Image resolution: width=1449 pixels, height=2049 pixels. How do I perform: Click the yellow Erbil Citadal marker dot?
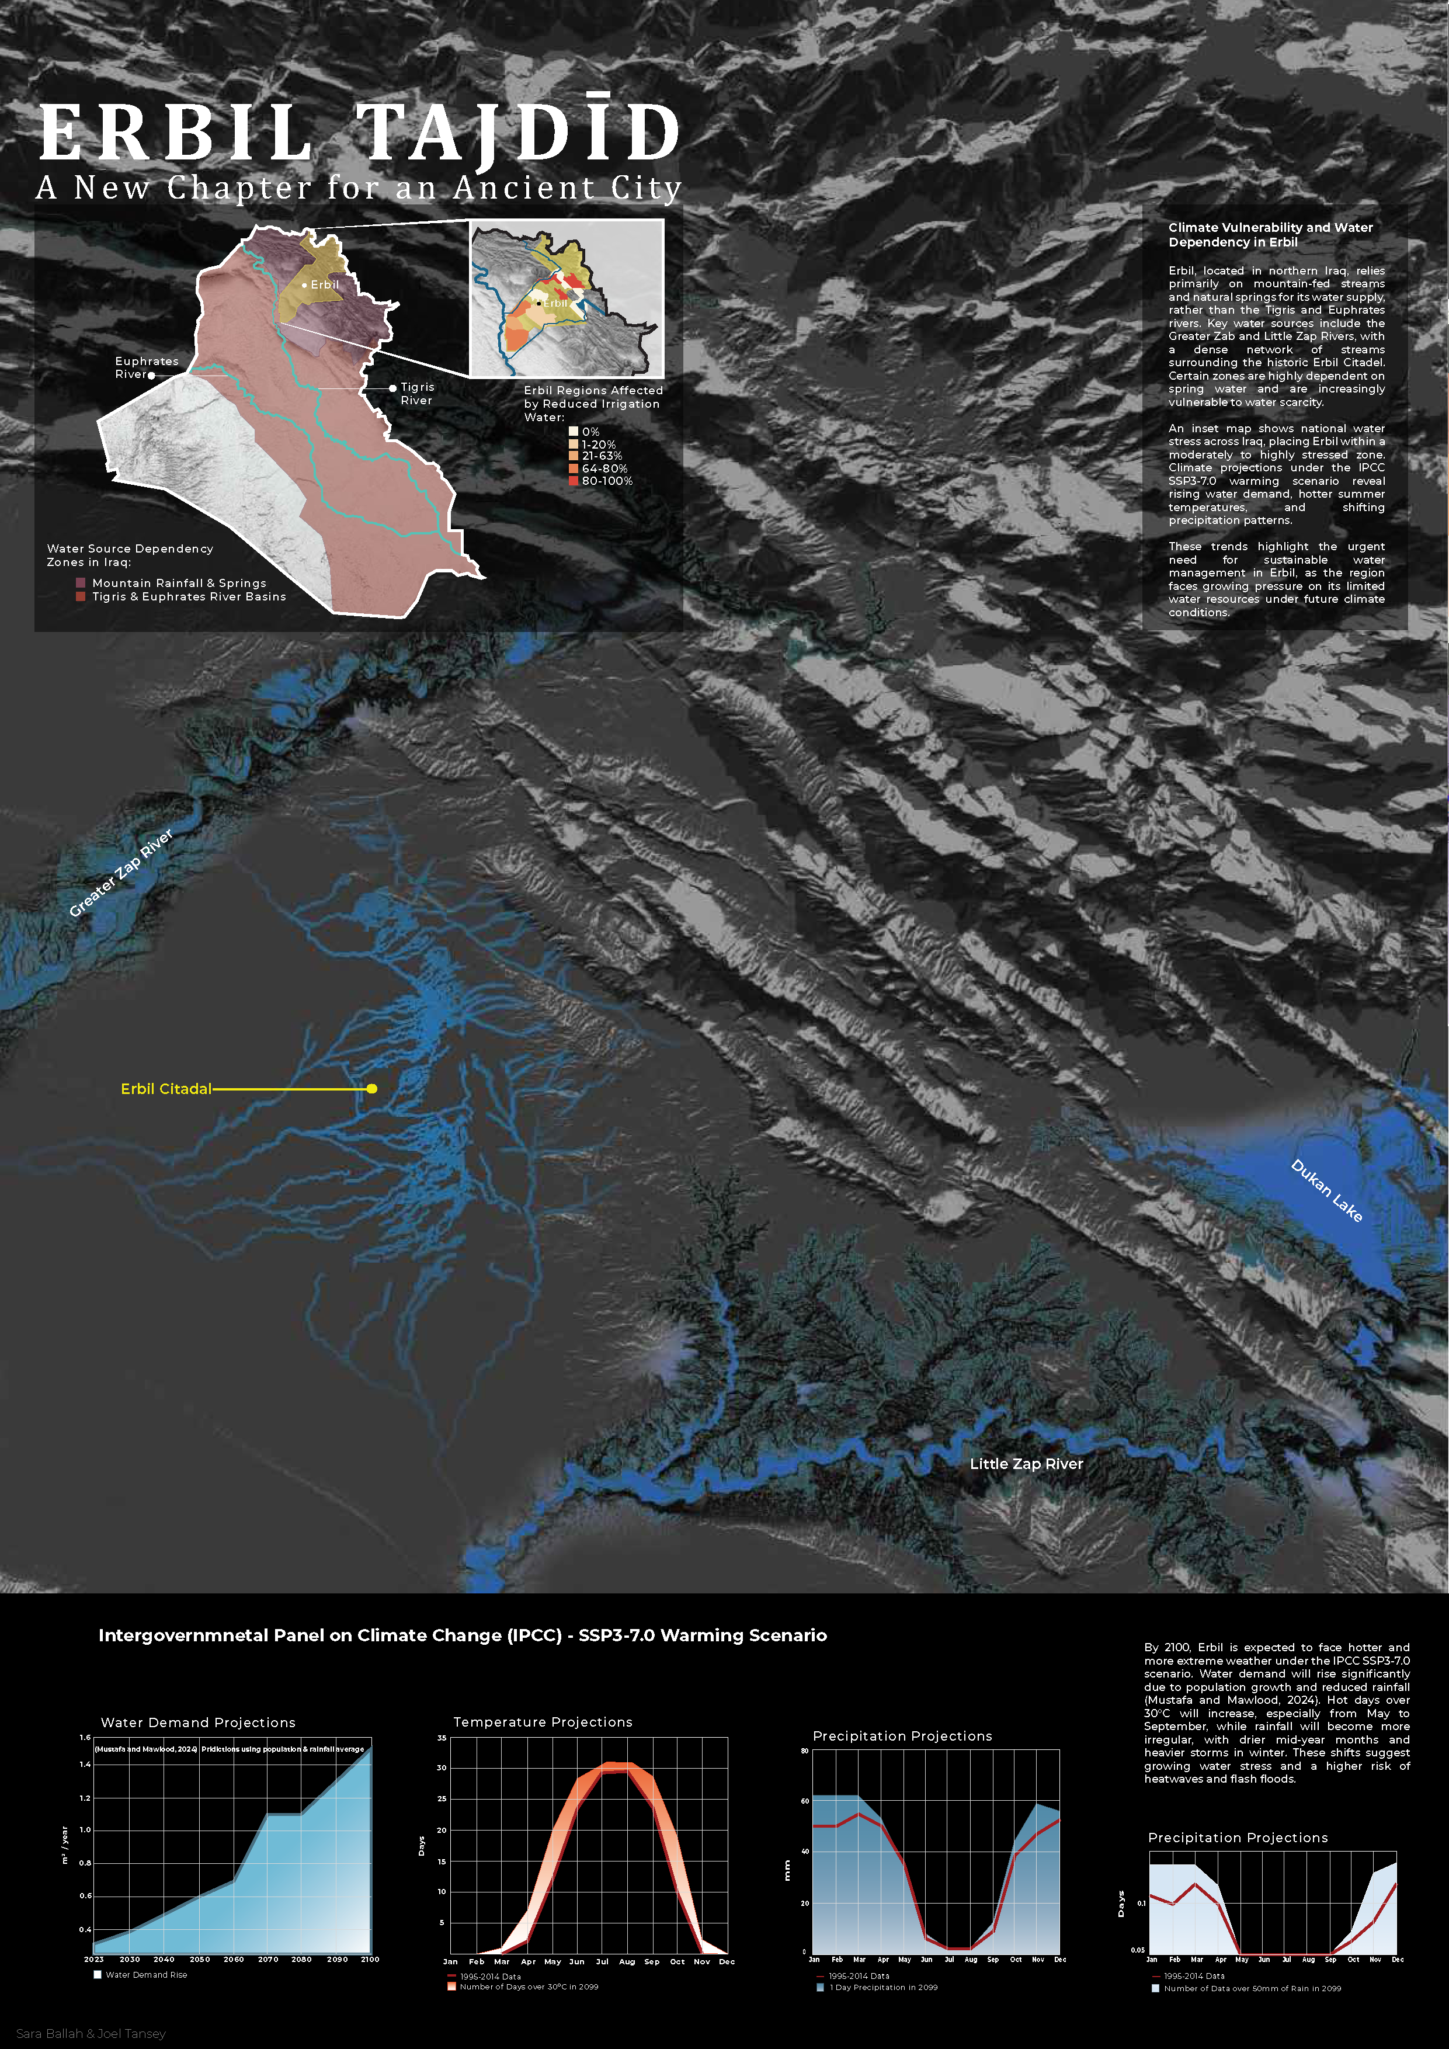(372, 1089)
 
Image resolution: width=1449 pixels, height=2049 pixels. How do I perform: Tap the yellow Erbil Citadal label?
(166, 1089)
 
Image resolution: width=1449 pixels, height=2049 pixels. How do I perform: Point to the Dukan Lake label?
(1327, 1190)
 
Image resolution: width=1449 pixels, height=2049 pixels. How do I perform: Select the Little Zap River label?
(1026, 1464)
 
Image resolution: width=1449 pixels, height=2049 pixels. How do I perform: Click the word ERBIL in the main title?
(175, 133)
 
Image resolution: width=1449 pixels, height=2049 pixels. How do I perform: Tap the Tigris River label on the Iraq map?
(416, 394)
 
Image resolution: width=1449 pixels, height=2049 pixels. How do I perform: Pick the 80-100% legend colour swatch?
(574, 481)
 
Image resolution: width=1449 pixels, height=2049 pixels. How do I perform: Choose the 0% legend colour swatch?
(574, 431)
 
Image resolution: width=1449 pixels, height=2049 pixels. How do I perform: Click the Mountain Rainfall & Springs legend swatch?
(80, 583)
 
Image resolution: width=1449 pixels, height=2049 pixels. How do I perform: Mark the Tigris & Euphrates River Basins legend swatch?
(80, 597)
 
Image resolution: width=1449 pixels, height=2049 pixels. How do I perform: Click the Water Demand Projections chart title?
(198, 1722)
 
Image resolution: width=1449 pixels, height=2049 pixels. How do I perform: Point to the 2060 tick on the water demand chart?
(234, 1960)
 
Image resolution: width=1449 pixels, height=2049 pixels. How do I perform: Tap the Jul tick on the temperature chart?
(602, 1961)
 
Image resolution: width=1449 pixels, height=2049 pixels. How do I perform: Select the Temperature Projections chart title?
(543, 1721)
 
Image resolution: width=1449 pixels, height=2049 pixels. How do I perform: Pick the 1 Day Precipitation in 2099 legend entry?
(882, 1988)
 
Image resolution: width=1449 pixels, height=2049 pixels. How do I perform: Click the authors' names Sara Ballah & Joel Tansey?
(91, 2034)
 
